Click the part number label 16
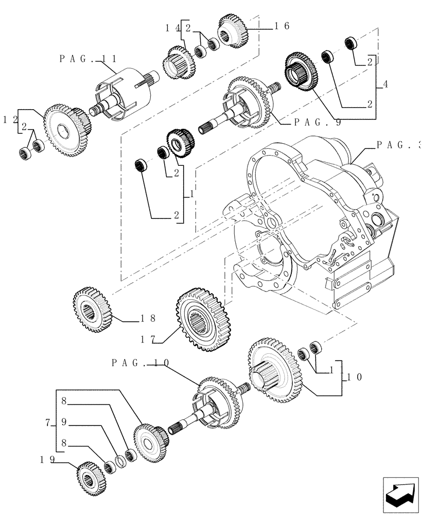(282, 26)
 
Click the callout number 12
(10, 119)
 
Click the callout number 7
(48, 423)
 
